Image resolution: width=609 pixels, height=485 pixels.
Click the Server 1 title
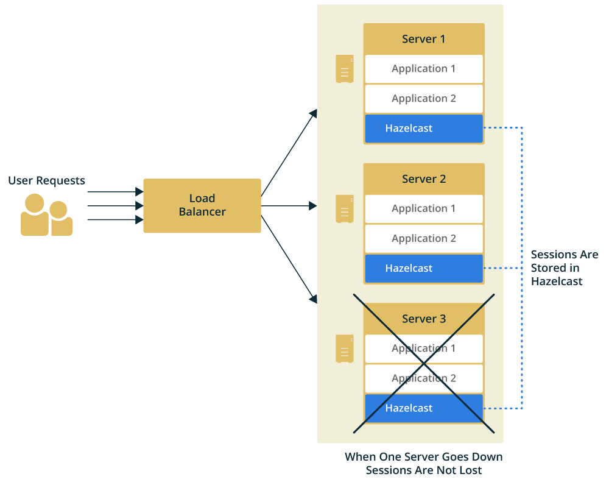[x=424, y=39]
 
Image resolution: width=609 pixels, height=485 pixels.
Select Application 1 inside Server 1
[x=424, y=69]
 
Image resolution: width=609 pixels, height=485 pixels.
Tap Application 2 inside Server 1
[x=424, y=99]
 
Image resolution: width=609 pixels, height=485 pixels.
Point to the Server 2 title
[x=424, y=179]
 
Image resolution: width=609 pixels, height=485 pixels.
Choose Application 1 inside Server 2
[x=424, y=208]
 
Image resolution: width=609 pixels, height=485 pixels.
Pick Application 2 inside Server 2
[x=424, y=238]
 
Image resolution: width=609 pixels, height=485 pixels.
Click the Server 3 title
[x=424, y=319]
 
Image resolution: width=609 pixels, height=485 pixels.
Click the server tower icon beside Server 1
[x=345, y=69]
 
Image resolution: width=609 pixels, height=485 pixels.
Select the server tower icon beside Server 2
[x=345, y=208]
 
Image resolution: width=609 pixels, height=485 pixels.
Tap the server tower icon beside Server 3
[x=345, y=349]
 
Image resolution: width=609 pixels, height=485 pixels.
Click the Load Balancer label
[x=202, y=205]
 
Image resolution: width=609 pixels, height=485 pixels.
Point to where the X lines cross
[x=424, y=364]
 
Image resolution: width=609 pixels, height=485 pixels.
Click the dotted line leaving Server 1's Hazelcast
[x=495, y=128]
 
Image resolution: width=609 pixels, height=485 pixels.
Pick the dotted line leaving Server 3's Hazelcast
[x=495, y=408]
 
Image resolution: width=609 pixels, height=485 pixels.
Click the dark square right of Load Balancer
[x=313, y=206]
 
